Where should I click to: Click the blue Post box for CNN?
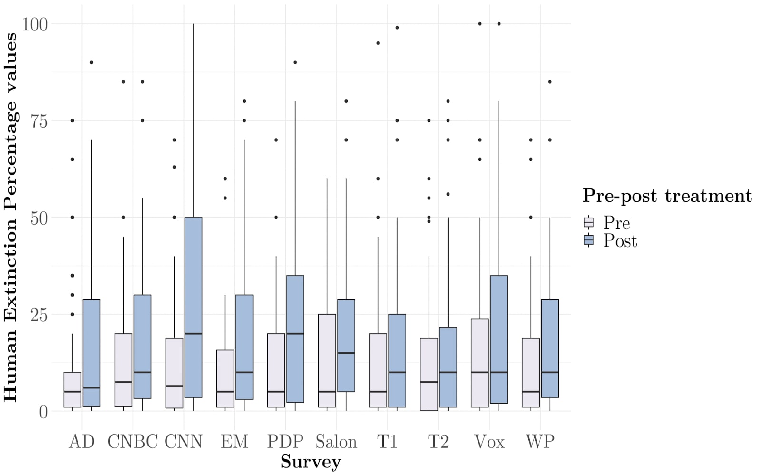coord(193,307)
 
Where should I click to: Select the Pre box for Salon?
coord(327,361)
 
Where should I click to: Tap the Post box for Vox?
coord(499,339)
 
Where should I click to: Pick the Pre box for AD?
coord(72,390)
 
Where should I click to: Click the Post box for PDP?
coord(295,339)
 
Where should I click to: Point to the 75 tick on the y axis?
coord(39,121)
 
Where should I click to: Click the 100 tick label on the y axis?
coord(35,24)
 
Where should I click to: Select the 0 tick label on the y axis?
coord(43,412)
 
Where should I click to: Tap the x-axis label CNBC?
coord(133,442)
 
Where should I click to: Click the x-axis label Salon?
coord(336,442)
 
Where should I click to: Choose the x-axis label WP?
coord(540,442)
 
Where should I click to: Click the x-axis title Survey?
coord(311,462)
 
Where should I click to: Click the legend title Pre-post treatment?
coord(667,196)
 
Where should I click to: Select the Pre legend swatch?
coord(589,222)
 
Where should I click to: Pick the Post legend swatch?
coord(589,240)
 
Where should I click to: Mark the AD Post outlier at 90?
coord(91,62)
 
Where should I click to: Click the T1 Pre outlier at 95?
coord(378,43)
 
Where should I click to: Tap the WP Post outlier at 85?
coord(550,81)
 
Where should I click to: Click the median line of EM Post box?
coord(244,372)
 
